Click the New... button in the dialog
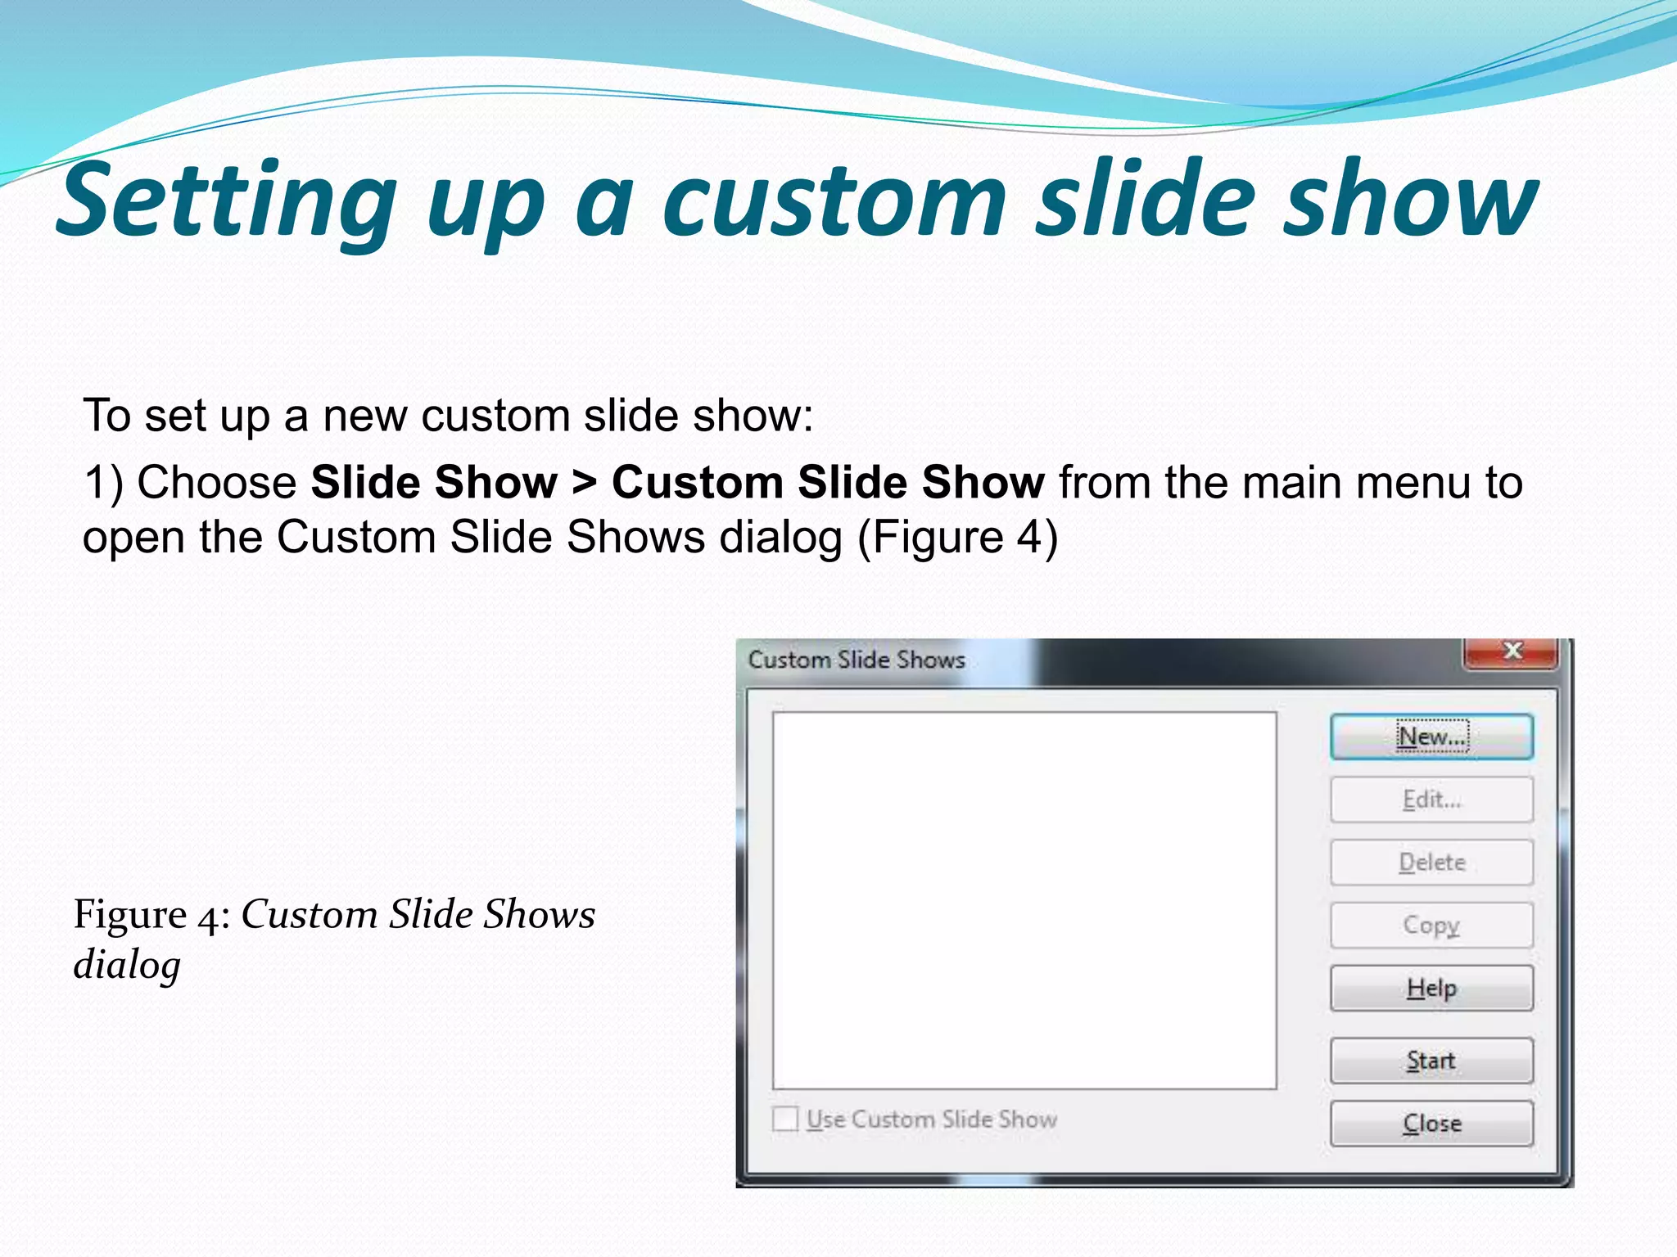[x=1431, y=737]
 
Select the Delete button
[x=1431, y=863]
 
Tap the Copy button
[x=1431, y=925]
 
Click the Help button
[x=1431, y=988]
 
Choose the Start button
[x=1431, y=1061]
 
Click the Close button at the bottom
[x=1431, y=1123]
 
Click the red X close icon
[x=1512, y=651]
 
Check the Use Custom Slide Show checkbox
[x=785, y=1119]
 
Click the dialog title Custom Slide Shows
[x=857, y=660]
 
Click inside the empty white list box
[x=1024, y=900]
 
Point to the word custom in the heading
[x=834, y=201]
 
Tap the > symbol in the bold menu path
[x=585, y=482]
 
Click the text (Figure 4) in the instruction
[x=957, y=538]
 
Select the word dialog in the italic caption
[x=127, y=966]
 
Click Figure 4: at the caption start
[x=151, y=915]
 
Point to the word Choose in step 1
[x=216, y=482]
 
